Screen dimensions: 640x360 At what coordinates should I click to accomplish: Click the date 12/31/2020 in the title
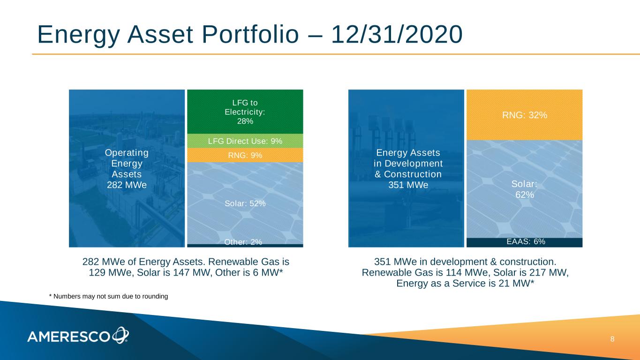(397, 34)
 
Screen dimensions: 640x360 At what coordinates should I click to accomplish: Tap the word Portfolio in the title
(250, 34)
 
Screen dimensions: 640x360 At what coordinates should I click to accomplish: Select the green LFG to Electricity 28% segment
(245, 112)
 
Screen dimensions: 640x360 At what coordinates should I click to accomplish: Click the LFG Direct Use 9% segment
(245, 141)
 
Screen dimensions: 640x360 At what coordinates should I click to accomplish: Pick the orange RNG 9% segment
(245, 155)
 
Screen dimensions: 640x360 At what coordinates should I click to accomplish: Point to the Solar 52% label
(245, 203)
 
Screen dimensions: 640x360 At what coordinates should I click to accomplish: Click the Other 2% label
(243, 242)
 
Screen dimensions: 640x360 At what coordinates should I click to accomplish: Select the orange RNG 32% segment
(525, 115)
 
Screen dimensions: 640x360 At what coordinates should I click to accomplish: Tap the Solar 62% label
(525, 189)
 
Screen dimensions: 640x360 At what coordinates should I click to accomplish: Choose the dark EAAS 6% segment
(525, 242)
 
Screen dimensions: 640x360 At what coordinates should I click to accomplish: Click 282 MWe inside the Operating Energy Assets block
(127, 185)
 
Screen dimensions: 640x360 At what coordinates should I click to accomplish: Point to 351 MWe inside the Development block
(408, 185)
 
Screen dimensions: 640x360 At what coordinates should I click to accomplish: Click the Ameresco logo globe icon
(120, 335)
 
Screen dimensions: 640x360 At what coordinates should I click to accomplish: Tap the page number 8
(612, 339)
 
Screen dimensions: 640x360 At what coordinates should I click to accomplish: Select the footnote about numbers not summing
(109, 296)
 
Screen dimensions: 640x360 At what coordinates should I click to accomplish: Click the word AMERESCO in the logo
(68, 337)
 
